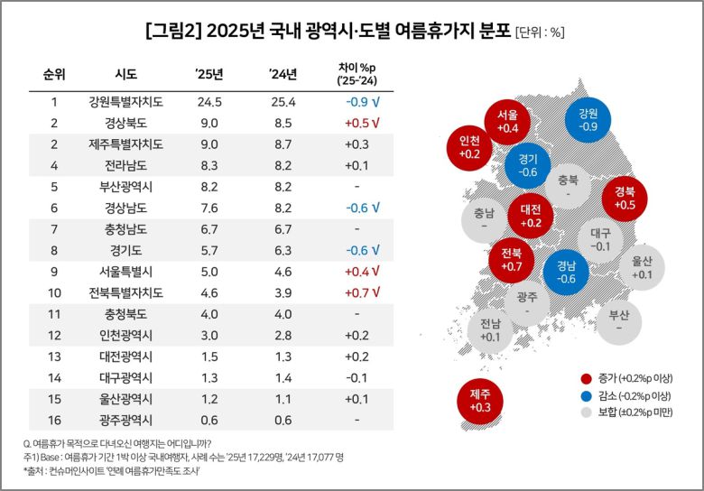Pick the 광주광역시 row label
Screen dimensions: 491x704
click(x=126, y=420)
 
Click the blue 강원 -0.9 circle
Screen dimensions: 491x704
click(x=588, y=119)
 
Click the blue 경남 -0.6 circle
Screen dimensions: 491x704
click(x=567, y=272)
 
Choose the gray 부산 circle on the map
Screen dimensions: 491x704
click(x=618, y=321)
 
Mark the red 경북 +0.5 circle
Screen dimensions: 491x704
click(x=624, y=198)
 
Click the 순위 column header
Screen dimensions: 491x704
click(x=54, y=74)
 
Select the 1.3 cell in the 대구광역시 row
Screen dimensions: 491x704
click(x=209, y=377)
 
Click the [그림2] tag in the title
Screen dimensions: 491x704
click(x=173, y=32)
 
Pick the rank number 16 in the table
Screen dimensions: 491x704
click(x=54, y=420)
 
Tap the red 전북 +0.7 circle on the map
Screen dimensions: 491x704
click(x=512, y=259)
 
